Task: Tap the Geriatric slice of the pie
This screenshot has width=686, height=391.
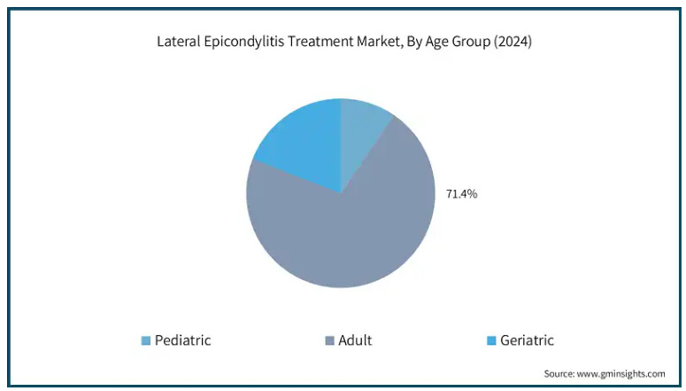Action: click(306, 140)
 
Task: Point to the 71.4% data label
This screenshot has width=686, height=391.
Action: click(461, 194)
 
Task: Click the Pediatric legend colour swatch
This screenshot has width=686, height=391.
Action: click(146, 340)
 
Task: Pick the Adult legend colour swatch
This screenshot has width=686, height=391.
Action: click(329, 340)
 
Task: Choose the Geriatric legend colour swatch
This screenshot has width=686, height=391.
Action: click(491, 340)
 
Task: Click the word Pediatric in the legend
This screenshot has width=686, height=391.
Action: click(183, 340)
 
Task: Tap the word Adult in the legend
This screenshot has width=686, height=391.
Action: click(355, 340)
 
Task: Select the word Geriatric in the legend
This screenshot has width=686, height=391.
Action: click(527, 340)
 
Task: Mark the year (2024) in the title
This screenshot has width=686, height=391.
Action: click(513, 42)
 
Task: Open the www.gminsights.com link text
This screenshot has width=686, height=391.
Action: click(620, 374)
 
